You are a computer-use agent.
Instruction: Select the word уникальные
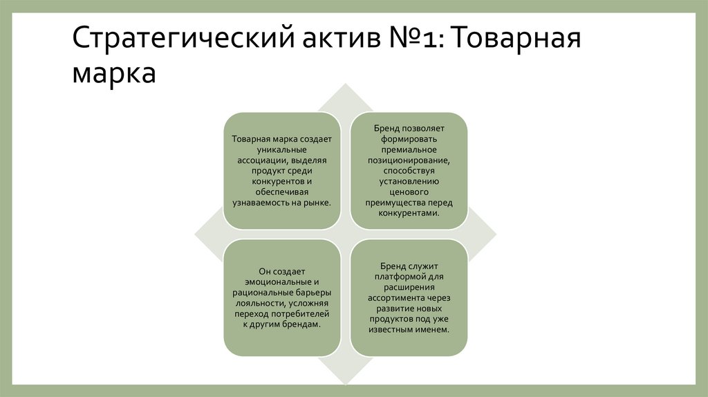(281, 149)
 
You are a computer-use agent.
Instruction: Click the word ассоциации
(254, 160)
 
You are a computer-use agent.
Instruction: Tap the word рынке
(317, 203)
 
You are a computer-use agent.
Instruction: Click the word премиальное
(408, 149)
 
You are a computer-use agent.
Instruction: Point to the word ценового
(408, 192)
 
